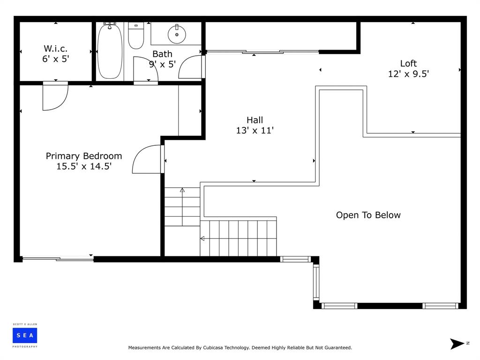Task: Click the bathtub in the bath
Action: tap(109, 52)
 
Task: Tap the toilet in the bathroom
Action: tap(136, 36)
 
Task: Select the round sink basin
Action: tap(177, 34)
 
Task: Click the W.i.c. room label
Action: tap(55, 48)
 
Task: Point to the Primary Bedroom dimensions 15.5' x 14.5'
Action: tap(84, 166)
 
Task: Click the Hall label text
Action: tap(255, 120)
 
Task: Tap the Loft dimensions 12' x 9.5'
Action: tap(408, 74)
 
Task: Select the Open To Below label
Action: tap(368, 215)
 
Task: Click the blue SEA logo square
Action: tap(25, 336)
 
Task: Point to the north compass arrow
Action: tap(457, 344)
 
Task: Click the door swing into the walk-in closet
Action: tap(55, 96)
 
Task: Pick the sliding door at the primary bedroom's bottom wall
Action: tap(58, 259)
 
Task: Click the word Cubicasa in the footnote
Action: tap(213, 347)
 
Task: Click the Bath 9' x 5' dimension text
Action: tap(162, 64)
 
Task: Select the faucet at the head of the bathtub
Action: tap(110, 24)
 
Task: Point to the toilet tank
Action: tap(136, 26)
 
